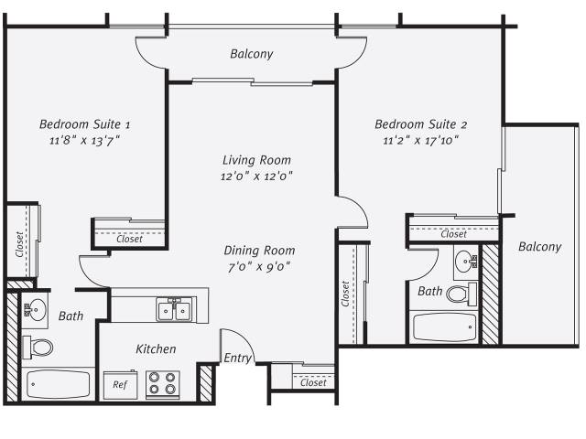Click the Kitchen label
click(156, 349)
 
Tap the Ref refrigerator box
click(120, 385)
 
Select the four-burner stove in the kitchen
click(163, 384)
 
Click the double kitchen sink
click(174, 309)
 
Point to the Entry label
click(237, 358)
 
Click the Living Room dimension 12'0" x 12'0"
click(256, 176)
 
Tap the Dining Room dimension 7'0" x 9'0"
click(259, 266)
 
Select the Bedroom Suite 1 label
click(85, 124)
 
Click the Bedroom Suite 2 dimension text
click(421, 140)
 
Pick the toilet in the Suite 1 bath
click(38, 348)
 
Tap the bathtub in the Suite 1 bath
click(58, 384)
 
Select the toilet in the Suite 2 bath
click(461, 294)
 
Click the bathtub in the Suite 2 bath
click(444, 327)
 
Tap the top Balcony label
click(252, 54)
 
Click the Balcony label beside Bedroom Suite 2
click(539, 247)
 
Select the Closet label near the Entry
click(313, 382)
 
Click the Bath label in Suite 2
click(429, 291)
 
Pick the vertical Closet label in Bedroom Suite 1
click(20, 244)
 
